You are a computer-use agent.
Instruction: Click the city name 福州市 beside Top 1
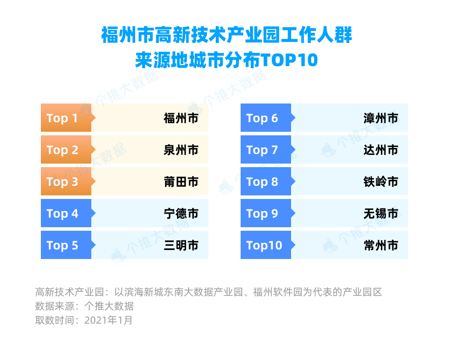[x=181, y=118]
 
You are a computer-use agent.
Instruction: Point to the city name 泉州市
[x=181, y=150]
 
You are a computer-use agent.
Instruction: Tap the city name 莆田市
[x=181, y=182]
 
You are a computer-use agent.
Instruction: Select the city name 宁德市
[x=181, y=214]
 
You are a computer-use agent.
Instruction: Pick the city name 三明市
[x=181, y=245]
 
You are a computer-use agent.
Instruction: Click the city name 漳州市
[x=381, y=118]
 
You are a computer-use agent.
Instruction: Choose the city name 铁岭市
[x=381, y=182]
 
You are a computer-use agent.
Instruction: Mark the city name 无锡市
[x=381, y=214]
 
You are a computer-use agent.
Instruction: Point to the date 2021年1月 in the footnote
[x=108, y=320]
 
